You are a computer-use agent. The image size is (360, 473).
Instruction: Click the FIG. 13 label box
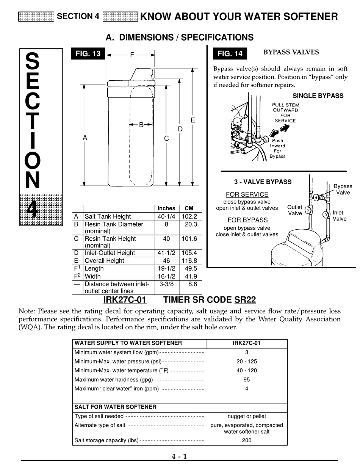pyautogui.click(x=88, y=54)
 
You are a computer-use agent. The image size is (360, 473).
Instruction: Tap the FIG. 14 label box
pyautogui.click(x=230, y=54)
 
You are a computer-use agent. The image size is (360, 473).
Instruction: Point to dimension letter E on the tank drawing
pyautogui.click(x=193, y=120)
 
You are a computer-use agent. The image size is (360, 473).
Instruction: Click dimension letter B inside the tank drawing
pyautogui.click(x=141, y=125)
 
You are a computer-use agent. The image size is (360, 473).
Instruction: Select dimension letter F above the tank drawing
pyautogui.click(x=132, y=55)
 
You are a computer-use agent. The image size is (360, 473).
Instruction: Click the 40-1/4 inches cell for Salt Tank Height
pyautogui.click(x=166, y=216)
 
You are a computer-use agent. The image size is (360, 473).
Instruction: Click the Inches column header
pyautogui.click(x=166, y=208)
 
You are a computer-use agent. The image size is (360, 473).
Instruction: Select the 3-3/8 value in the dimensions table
pyautogui.click(x=166, y=284)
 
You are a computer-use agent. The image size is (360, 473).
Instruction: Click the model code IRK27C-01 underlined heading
pyautogui.click(x=125, y=300)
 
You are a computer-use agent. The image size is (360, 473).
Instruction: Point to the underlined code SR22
pyautogui.click(x=245, y=300)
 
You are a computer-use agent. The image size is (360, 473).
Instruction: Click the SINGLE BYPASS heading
pyautogui.click(x=318, y=96)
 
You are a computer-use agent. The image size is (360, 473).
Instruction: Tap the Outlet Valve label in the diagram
pyautogui.click(x=294, y=210)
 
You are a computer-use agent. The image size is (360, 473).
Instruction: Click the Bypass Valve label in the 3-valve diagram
pyautogui.click(x=343, y=190)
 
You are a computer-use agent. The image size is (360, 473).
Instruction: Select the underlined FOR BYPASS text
pyautogui.click(x=247, y=220)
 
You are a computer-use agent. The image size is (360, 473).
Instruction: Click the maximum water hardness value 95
pyautogui.click(x=247, y=380)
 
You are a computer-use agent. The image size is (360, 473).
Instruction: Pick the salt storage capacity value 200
pyautogui.click(x=247, y=440)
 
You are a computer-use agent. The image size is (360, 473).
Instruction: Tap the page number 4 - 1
pyautogui.click(x=179, y=456)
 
